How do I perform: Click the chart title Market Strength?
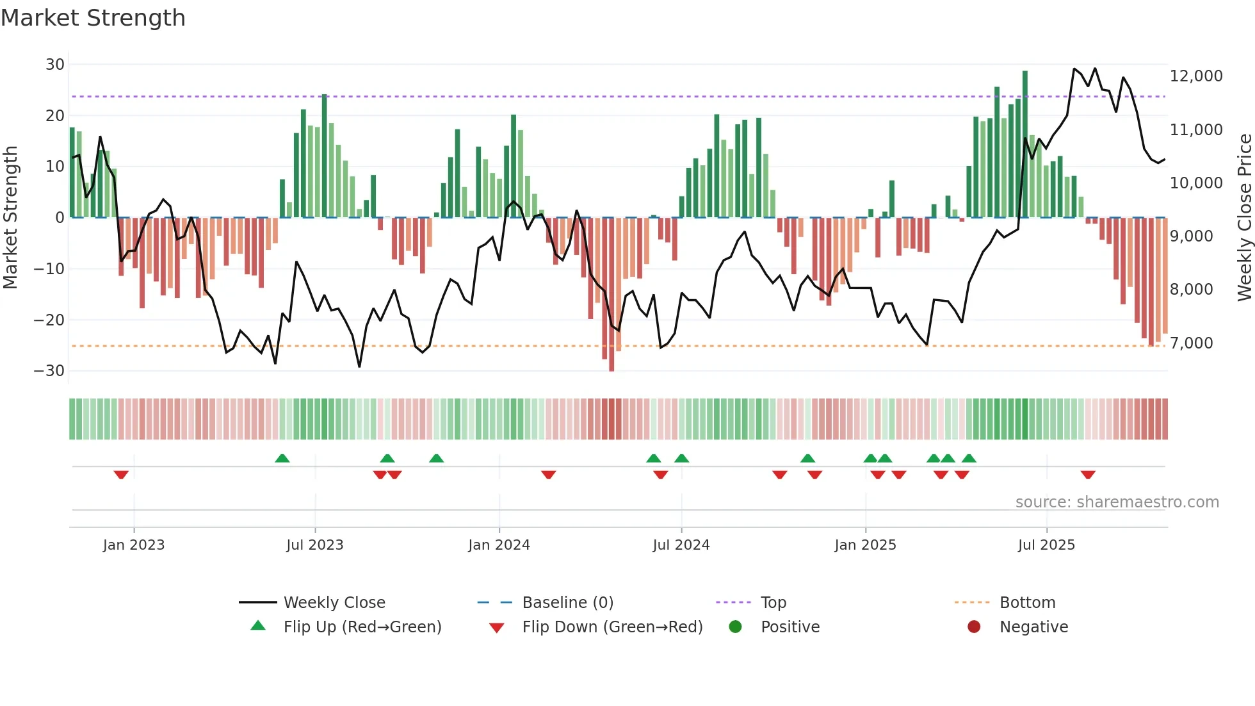[93, 18]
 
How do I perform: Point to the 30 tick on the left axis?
[55, 65]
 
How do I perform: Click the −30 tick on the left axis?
[49, 371]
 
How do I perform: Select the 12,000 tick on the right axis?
[1195, 76]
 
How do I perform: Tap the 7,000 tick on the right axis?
[1191, 343]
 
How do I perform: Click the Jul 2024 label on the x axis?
[681, 545]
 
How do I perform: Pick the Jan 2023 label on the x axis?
[134, 545]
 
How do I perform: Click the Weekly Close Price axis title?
[1244, 218]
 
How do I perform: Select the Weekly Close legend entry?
[334, 603]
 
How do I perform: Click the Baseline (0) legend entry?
[567, 603]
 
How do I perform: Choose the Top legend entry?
[773, 603]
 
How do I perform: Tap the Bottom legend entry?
[1027, 603]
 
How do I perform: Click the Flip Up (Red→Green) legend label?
[362, 627]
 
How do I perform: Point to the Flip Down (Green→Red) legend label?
[612, 627]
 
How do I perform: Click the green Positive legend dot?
[735, 627]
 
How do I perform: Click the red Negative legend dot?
[974, 627]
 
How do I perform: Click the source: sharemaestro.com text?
[1117, 502]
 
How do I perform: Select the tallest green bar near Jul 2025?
[1025, 144]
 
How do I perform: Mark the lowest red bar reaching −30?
[611, 295]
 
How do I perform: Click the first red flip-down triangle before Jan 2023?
[121, 475]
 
